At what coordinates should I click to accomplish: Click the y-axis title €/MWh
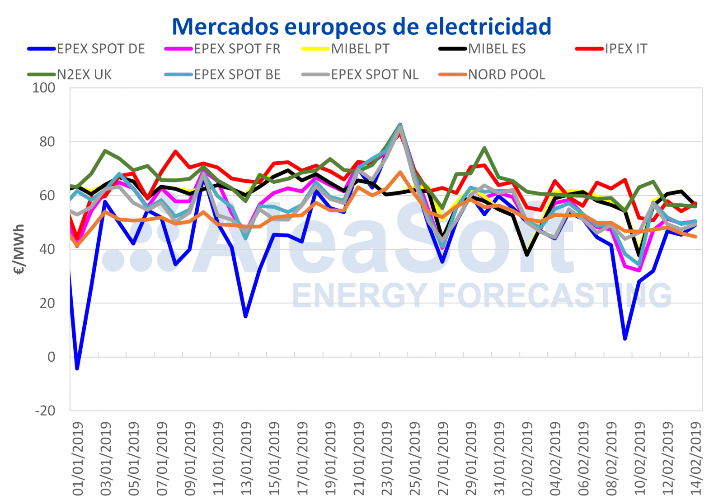click(x=19, y=249)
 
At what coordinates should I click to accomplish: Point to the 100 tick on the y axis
click(x=44, y=88)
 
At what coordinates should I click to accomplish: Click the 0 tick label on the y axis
click(x=51, y=357)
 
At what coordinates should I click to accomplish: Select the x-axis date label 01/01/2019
click(x=78, y=458)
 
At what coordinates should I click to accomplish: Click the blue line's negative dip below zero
click(x=77, y=369)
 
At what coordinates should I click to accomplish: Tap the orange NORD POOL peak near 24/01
click(x=400, y=172)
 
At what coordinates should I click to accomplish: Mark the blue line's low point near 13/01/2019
click(x=245, y=316)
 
